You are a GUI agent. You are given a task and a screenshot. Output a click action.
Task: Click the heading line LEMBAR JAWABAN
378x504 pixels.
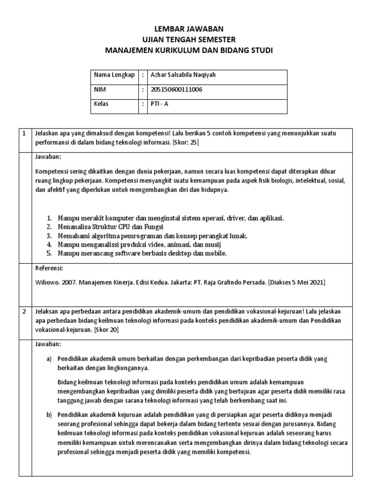(189, 30)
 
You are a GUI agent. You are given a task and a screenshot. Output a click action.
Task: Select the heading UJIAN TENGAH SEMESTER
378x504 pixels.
(189, 39)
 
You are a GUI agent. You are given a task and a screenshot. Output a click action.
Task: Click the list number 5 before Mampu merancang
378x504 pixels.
(49, 253)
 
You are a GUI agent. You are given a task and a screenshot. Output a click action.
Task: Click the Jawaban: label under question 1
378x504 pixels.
(49, 157)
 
